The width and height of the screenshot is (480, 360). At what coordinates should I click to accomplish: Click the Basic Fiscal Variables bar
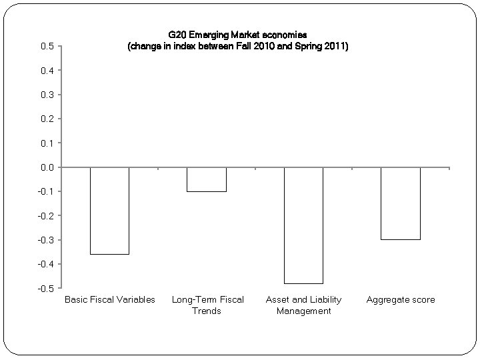coord(109,211)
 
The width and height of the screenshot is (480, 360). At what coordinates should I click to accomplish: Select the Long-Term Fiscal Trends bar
coord(207,179)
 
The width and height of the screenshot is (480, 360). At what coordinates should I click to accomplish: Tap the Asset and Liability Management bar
coord(303,225)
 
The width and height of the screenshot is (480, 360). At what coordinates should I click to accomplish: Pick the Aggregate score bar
coord(401,203)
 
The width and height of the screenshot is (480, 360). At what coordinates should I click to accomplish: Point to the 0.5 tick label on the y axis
coord(47,46)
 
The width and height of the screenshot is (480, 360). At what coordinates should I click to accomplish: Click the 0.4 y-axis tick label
coord(47,70)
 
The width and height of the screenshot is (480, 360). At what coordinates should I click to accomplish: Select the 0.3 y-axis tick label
coord(47,95)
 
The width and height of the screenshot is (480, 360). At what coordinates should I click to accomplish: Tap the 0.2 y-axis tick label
coord(47,119)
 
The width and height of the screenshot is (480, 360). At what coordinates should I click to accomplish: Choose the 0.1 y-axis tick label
coord(47,143)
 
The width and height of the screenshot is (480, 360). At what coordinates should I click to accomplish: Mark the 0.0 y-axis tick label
coord(47,167)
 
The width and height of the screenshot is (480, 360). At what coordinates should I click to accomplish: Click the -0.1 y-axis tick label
coord(45,191)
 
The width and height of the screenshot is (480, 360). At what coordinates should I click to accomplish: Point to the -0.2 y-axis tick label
coord(45,216)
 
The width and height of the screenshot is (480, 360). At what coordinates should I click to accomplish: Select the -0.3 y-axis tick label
coord(45,240)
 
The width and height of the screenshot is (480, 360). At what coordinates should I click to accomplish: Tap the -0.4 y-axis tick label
coord(45,264)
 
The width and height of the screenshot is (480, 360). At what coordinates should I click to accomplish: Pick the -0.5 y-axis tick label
coord(45,289)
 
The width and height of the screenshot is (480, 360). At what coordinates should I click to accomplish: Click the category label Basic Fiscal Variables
coord(109,299)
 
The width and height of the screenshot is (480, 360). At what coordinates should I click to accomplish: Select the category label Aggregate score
coord(401,299)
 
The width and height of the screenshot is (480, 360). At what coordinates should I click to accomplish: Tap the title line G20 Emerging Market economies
coord(238,35)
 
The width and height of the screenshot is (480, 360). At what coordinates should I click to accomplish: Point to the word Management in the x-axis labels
coord(303,311)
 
